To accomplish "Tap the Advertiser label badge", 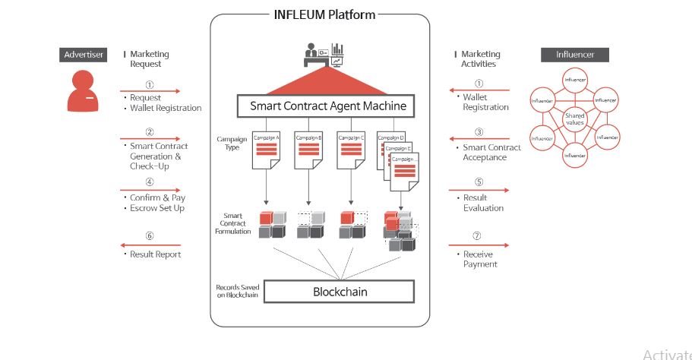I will click(x=84, y=55).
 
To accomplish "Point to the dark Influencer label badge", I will click(x=574, y=55).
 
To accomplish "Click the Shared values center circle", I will click(x=574, y=118).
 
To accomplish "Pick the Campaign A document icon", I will click(x=267, y=153).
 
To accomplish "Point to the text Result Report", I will click(x=156, y=254).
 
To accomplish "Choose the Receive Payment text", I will click(x=480, y=259).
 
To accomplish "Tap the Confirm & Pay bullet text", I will click(x=157, y=197).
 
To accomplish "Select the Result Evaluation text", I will click(x=483, y=203).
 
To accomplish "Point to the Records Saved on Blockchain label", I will click(x=237, y=292).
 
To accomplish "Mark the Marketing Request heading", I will click(x=149, y=59).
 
